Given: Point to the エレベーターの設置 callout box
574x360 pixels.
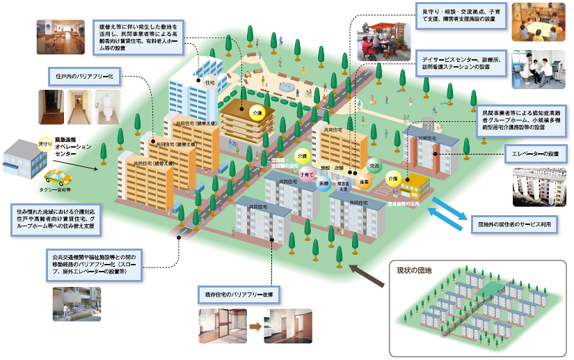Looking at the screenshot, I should pos(534,151).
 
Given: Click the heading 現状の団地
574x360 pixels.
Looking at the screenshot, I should pos(415,270).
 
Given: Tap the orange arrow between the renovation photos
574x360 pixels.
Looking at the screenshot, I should pos(255,325).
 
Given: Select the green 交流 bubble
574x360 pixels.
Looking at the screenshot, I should pos(374,166).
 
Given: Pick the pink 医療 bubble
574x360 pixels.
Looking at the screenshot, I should pos(324,182).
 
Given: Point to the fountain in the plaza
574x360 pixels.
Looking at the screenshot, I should pos(286,86).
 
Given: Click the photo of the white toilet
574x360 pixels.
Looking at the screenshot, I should pos(108,107).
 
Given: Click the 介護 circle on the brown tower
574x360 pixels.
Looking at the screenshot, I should pos(257,111).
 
